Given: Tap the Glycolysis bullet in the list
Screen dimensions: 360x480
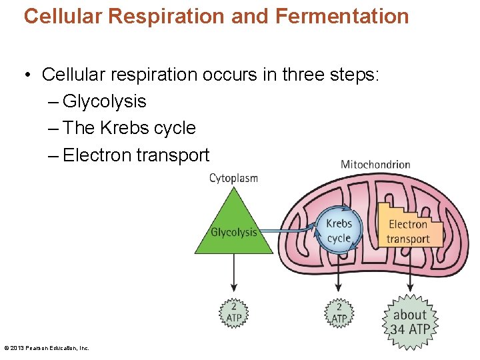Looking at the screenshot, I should (104, 101).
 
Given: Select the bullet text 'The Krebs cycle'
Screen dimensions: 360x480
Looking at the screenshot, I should (129, 128).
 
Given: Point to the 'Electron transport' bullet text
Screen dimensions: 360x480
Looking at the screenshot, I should (136, 155).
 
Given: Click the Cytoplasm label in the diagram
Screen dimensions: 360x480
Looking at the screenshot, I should (233, 178).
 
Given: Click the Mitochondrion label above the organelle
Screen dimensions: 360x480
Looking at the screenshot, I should (375, 165).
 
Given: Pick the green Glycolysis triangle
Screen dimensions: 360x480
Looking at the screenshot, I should (233, 230).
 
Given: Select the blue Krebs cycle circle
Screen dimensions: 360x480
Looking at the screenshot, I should (339, 231).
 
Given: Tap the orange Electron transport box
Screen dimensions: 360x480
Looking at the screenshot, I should (408, 231).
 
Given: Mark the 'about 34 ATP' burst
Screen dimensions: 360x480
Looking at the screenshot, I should (410, 322).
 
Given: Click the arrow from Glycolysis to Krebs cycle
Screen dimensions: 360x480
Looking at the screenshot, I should (287, 231).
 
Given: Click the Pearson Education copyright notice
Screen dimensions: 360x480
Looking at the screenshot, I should (47, 348).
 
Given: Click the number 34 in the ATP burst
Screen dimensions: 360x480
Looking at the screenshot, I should (397, 329).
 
